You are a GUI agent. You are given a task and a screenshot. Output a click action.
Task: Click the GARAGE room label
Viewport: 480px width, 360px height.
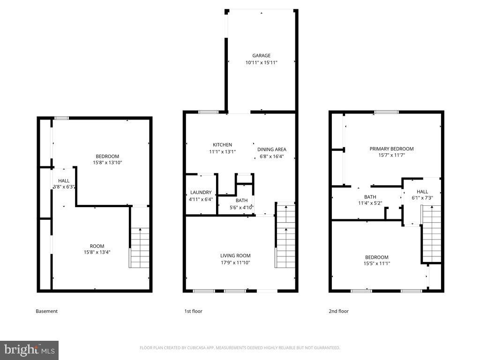tap(262, 56)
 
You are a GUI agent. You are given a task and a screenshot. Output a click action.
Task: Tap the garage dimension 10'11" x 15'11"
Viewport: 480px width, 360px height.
tap(262, 62)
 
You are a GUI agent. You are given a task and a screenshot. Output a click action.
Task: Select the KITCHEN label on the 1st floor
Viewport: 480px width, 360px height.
tap(222, 145)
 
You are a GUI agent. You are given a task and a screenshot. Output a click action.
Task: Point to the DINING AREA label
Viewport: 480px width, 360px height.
tap(272, 150)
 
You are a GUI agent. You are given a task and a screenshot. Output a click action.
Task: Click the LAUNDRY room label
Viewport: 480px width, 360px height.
tap(201, 193)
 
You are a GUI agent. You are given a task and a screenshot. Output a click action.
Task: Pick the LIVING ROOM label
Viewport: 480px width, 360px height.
tap(235, 256)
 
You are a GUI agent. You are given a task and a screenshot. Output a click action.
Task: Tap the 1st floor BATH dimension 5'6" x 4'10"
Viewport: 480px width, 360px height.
tap(241, 207)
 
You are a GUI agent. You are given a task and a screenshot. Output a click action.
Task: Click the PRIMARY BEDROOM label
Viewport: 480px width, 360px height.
tap(391, 149)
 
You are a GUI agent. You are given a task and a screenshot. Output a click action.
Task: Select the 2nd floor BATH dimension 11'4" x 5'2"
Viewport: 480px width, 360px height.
tap(370, 203)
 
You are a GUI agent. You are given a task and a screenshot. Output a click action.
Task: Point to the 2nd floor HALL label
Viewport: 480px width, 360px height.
tap(422, 192)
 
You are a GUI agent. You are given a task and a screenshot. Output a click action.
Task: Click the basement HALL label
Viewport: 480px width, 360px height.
tap(64, 180)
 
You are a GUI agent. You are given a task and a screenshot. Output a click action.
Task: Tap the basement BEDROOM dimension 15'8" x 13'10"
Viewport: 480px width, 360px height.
tap(107, 163)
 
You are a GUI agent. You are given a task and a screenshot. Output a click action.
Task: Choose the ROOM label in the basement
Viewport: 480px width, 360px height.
tap(97, 246)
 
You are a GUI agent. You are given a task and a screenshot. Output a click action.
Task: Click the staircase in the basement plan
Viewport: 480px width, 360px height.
tap(140, 247)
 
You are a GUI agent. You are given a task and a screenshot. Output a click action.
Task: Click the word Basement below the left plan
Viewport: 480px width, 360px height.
tap(46, 311)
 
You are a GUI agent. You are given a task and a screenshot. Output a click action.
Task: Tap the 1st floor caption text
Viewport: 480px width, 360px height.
tap(193, 311)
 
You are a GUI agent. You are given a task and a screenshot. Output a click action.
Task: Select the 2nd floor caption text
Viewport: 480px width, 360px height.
tap(338, 311)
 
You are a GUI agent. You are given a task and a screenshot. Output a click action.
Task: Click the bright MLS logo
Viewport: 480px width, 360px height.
tap(29, 350)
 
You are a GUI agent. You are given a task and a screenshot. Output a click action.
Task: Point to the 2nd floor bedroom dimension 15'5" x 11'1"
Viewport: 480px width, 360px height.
tap(377, 263)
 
